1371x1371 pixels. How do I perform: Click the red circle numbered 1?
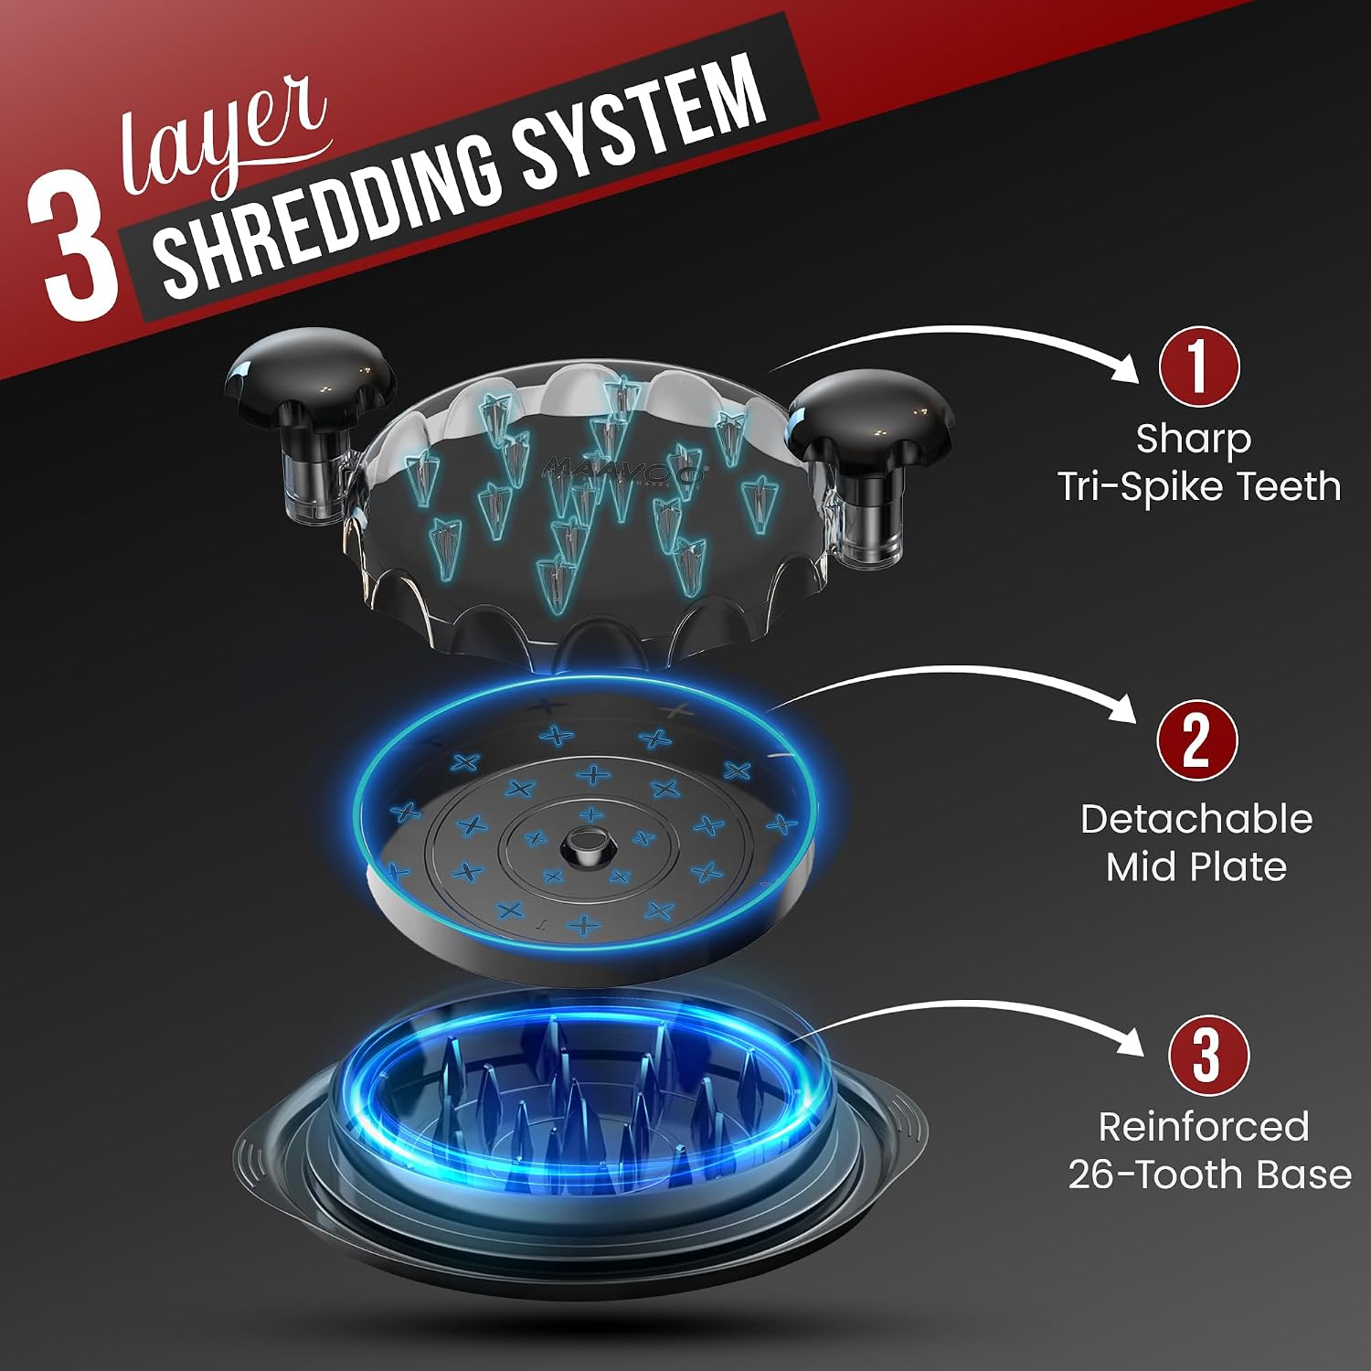(x=1198, y=367)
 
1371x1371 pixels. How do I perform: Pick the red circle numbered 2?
(x=1196, y=741)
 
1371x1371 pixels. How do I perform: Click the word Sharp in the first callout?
(x=1193, y=441)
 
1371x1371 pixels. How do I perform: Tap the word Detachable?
(x=1196, y=819)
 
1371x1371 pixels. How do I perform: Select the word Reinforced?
(x=1204, y=1127)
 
